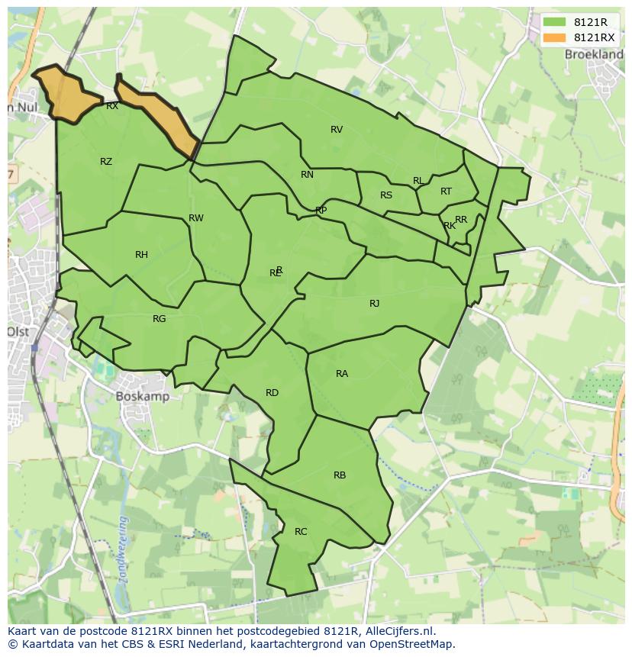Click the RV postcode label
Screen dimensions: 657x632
[x=337, y=130]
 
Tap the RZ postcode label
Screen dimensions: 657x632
[x=106, y=162]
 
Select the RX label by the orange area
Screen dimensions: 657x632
[x=112, y=107]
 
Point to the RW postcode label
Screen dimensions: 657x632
[x=196, y=218]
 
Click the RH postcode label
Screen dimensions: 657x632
[x=141, y=255]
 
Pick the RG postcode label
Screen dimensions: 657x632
[x=159, y=319]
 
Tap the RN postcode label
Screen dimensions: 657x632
[x=307, y=175]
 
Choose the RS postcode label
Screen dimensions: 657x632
[x=386, y=195]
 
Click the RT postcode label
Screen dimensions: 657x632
[x=446, y=192]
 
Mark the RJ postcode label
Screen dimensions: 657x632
[x=374, y=304]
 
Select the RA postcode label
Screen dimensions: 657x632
[x=342, y=374]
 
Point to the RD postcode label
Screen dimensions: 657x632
[x=272, y=393]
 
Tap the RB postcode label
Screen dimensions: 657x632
[x=340, y=475]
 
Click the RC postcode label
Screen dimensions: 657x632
[x=301, y=532]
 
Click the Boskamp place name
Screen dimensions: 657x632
[x=143, y=397]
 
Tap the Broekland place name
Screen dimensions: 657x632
[x=593, y=55]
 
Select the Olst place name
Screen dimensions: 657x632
[x=18, y=332]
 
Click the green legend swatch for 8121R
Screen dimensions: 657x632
[x=554, y=23]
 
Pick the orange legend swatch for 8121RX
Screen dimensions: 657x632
[x=554, y=37]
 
